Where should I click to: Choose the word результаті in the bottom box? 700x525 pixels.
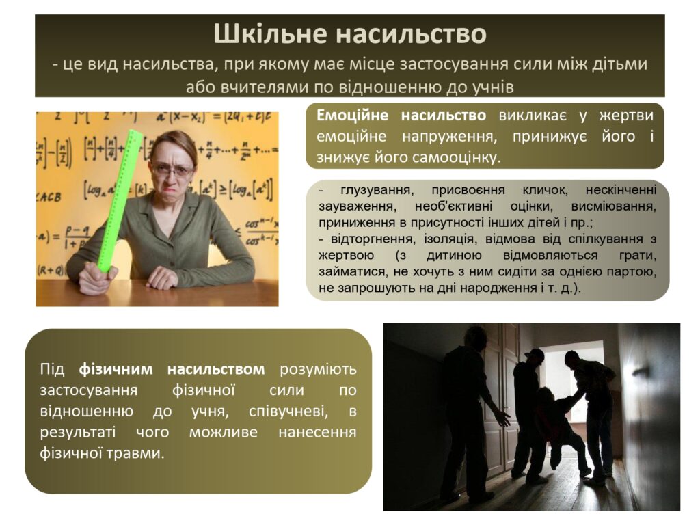(x=78, y=432)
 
